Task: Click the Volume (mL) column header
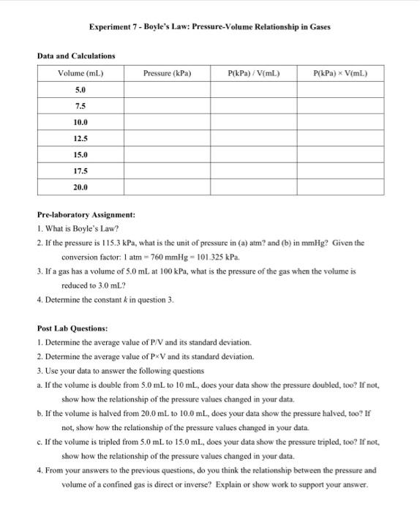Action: [80, 73]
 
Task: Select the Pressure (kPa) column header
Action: [168, 73]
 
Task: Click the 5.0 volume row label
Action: [80, 89]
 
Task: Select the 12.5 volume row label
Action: [80, 138]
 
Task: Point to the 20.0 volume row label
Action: [80, 187]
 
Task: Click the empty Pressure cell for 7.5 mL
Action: [168, 105]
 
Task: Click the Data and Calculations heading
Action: [76, 56]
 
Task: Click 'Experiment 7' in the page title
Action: [113, 27]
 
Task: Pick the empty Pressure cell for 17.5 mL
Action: [168, 171]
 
